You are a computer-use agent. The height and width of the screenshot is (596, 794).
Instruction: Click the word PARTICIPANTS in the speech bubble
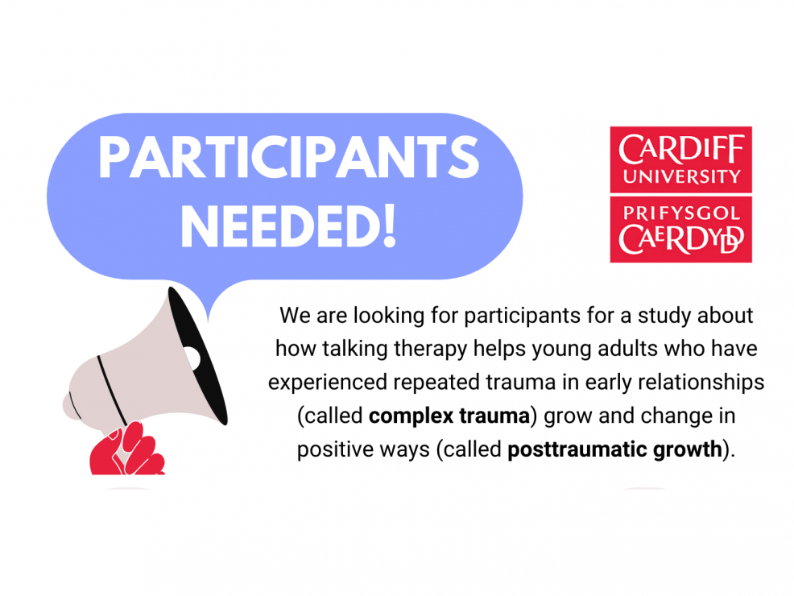click(288, 157)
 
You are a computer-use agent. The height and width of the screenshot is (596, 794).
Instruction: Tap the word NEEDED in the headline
click(280, 226)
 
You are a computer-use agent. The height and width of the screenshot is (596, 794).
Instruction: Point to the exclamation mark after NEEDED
click(390, 226)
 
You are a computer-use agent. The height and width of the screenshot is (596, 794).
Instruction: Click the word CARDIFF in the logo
click(681, 150)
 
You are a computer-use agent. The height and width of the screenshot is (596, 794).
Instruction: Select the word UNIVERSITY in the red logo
click(681, 176)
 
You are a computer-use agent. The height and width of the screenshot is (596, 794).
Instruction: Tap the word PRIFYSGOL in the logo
click(681, 213)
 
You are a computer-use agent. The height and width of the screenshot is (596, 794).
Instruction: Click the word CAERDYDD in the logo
click(681, 239)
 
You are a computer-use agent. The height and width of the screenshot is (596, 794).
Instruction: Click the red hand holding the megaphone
click(127, 449)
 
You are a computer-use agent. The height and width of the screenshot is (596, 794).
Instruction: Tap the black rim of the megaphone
click(197, 355)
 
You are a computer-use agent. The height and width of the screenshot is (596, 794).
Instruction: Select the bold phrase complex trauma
click(449, 416)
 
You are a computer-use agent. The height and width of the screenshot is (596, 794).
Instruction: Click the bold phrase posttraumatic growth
click(614, 449)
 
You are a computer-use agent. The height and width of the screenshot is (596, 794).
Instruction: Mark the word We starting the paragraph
click(295, 316)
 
